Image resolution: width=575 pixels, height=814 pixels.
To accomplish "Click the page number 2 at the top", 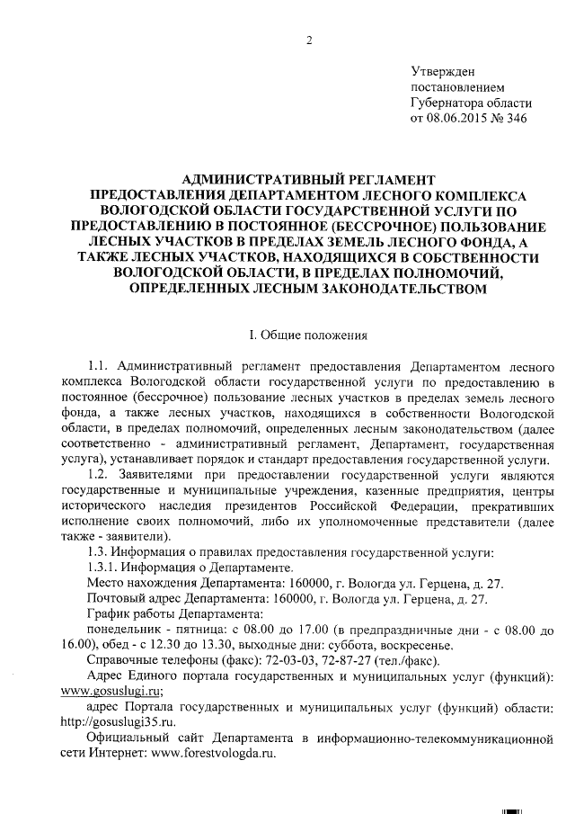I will (x=309, y=40).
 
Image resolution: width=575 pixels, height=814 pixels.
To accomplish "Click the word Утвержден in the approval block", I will (x=442, y=72).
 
